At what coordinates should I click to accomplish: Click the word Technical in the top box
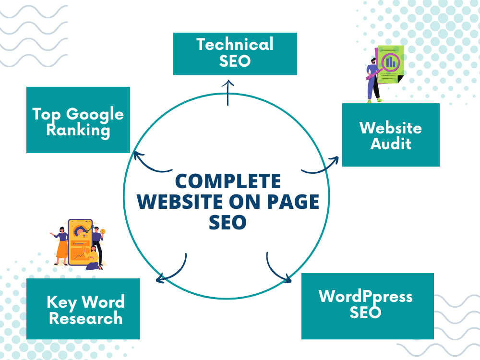pos(235,44)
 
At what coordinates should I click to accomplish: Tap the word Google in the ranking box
pos(95,115)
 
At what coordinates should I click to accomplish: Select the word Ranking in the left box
pos(78,131)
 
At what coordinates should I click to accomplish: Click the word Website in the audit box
pos(391,128)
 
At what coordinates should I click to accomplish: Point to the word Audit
pos(391,144)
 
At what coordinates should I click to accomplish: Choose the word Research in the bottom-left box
pos(86,318)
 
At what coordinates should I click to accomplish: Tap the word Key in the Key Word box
pos(61,302)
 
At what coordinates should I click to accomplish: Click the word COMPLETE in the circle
pos(228,181)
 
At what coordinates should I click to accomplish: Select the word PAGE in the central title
pos(293,202)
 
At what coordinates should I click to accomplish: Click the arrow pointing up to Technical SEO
pos(228,93)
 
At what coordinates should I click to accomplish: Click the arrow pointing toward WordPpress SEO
pos(275,270)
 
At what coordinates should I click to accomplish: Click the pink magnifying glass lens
pos(391,62)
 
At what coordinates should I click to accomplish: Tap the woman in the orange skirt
pos(61,246)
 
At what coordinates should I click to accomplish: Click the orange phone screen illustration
pos(80,242)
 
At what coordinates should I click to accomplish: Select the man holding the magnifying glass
pos(374,80)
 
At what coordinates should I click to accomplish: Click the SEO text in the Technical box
pos(235,61)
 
